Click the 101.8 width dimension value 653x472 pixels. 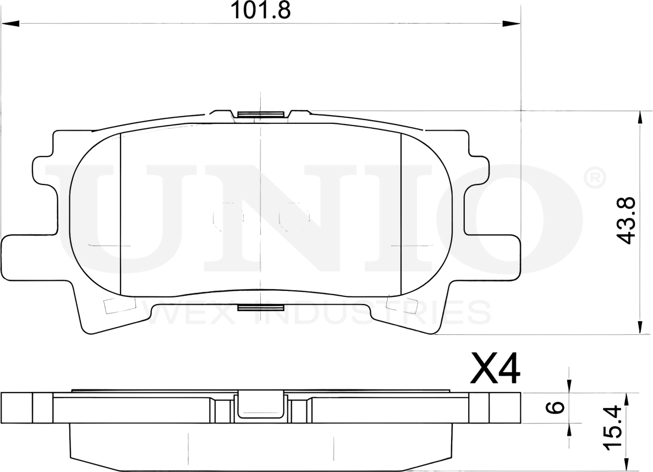260,10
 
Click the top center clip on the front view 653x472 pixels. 261,115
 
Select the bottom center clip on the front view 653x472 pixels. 260,307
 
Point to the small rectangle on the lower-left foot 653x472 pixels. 112,305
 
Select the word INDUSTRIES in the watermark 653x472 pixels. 363,313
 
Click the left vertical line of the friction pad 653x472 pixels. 120,215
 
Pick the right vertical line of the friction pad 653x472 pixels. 402,215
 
